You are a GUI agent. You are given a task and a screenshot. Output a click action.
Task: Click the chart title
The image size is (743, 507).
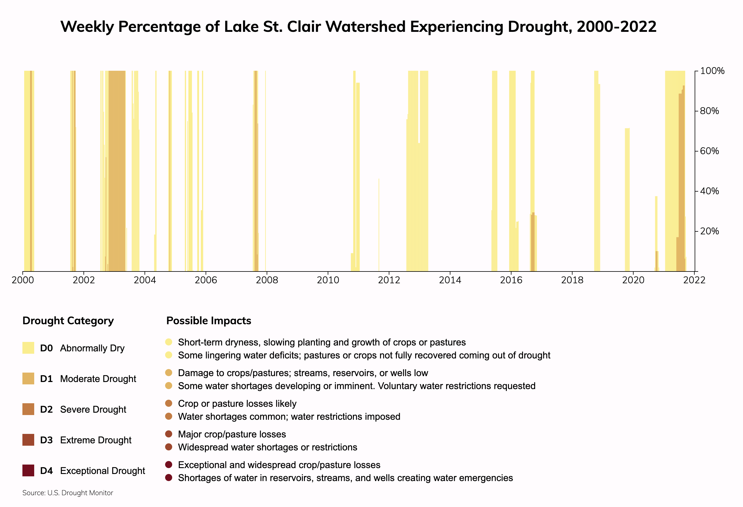359,27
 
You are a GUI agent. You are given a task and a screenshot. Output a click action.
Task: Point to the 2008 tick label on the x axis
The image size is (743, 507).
267,280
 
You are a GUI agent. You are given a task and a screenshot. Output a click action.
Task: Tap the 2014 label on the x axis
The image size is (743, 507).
450,280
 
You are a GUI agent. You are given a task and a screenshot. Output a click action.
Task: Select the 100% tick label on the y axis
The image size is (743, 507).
712,71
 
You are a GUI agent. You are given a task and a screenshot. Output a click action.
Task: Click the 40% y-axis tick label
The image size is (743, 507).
709,191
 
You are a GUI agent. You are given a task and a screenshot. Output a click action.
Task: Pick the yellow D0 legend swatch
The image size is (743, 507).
28,348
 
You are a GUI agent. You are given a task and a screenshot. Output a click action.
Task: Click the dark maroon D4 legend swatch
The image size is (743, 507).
28,470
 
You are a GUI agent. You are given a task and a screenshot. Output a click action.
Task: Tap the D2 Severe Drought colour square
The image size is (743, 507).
28,409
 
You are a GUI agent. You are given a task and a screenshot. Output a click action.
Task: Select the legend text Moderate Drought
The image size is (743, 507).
98,379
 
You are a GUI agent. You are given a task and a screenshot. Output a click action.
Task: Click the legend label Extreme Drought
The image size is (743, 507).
96,440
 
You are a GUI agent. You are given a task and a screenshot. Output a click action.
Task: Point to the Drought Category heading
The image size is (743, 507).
68,321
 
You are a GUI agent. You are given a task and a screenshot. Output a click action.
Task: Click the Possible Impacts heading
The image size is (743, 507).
209,321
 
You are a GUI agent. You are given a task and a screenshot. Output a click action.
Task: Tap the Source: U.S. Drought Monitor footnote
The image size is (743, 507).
68,493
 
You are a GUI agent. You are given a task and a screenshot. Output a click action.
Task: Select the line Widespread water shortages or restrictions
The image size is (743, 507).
267,447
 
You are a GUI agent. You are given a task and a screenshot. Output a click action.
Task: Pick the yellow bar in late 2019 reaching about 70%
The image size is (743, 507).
627,198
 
